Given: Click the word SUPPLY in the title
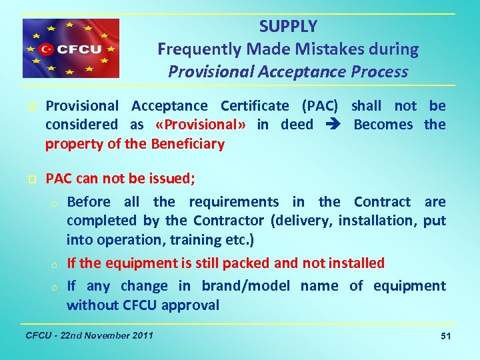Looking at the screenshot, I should click(x=288, y=27).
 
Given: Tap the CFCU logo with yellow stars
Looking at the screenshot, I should click(x=71, y=49).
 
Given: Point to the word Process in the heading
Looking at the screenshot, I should click(x=381, y=71).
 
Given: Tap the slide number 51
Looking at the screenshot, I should click(x=445, y=337).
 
